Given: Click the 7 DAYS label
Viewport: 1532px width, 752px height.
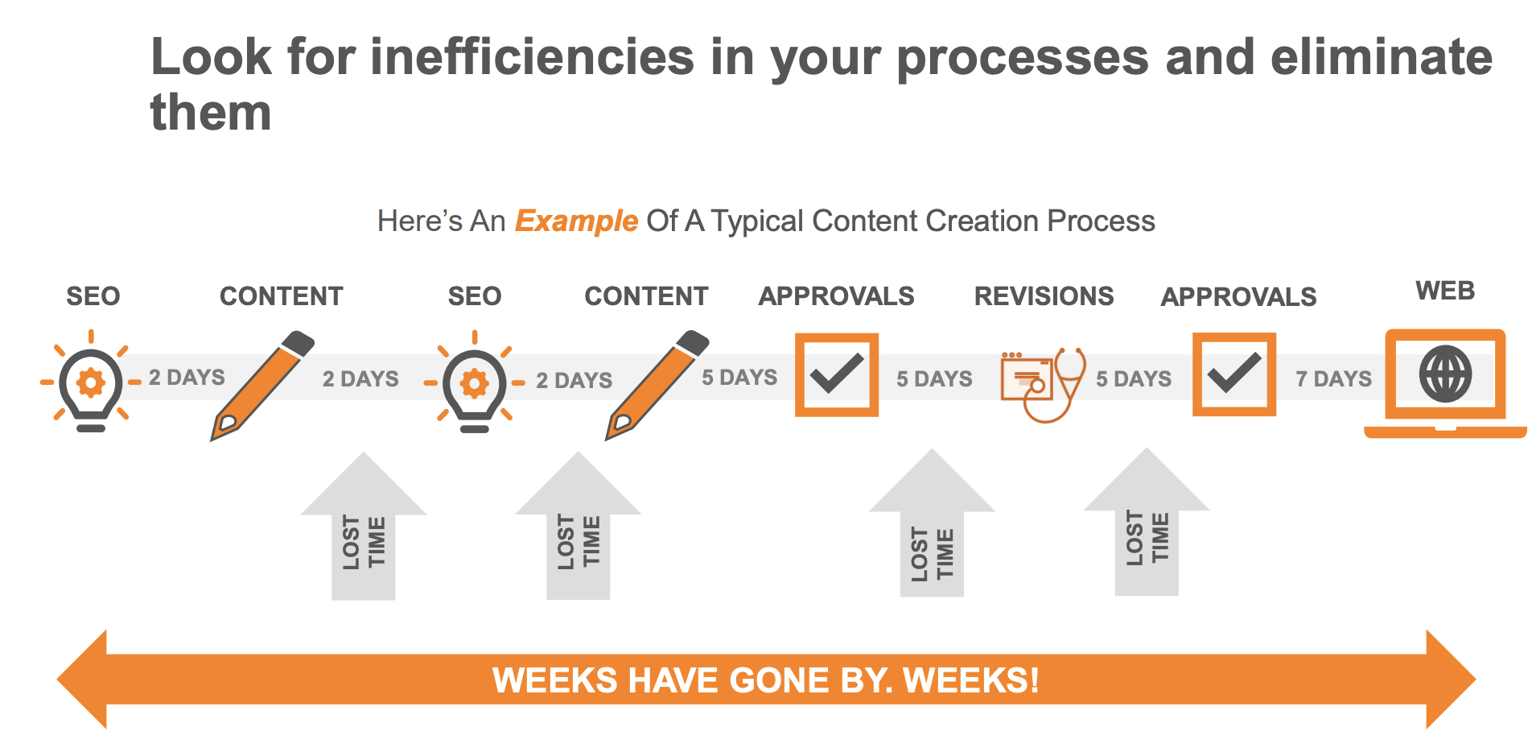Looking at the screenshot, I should pyautogui.click(x=1333, y=378).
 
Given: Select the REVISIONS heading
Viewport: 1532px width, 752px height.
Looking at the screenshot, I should pyautogui.click(x=1044, y=296).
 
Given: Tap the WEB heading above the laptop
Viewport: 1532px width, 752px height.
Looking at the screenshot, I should pyautogui.click(x=1445, y=291).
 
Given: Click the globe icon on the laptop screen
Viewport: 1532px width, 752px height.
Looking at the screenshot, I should pyautogui.click(x=1445, y=374).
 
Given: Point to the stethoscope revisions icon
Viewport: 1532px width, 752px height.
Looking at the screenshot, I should pyautogui.click(x=1044, y=384).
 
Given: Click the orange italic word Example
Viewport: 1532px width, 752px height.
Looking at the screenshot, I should pyautogui.click(x=576, y=221).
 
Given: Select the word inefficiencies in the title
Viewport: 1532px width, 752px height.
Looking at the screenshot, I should pyautogui.click(x=532, y=57).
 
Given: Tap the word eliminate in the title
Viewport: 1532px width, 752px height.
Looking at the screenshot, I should pyautogui.click(x=1381, y=57).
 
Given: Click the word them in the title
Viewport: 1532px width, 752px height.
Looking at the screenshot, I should pyautogui.click(x=211, y=112).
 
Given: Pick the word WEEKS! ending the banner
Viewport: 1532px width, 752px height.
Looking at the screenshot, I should pyautogui.click(x=971, y=680).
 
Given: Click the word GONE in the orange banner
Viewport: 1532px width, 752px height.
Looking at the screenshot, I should pyautogui.click(x=779, y=680).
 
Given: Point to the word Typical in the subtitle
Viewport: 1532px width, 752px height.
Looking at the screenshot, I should pyautogui.click(x=757, y=221).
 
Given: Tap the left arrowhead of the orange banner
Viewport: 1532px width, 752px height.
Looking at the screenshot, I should pyautogui.click(x=82, y=680).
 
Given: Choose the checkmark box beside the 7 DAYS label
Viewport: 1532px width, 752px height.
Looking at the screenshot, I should pyautogui.click(x=1233, y=374).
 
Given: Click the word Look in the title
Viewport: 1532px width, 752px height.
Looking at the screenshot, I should pyautogui.click(x=212, y=57).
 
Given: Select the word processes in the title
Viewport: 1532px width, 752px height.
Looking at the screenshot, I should pyautogui.click(x=1022, y=57).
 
